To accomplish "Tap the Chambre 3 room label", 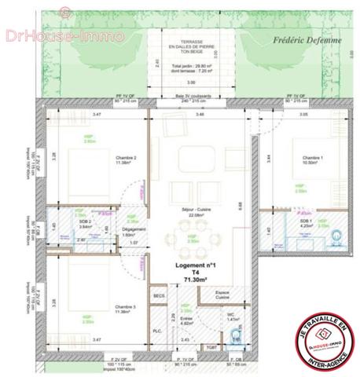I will (126, 306).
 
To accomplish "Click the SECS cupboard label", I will (159, 295).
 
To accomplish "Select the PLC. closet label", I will (158, 331).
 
